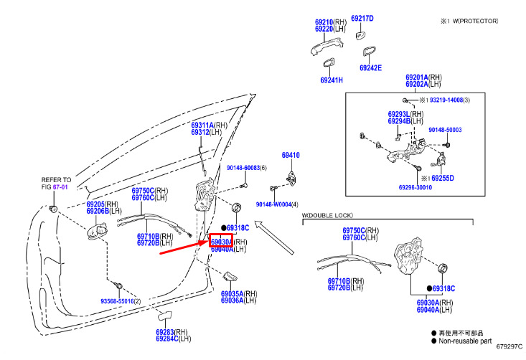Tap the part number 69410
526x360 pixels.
point(290,156)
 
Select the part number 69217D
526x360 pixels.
point(362,19)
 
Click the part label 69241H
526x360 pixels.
point(332,80)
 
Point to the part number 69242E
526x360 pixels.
point(370,68)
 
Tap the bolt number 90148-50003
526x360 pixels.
point(445,130)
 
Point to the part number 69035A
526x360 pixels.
point(233,294)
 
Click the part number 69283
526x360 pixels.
point(167,332)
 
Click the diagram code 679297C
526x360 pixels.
point(509,346)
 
